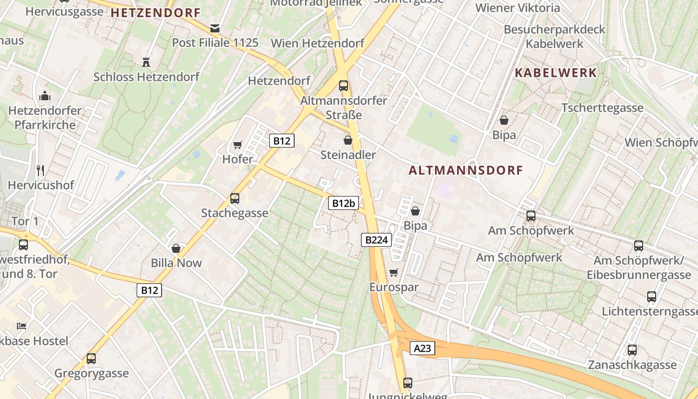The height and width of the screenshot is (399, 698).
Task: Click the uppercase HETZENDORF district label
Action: point(155,13)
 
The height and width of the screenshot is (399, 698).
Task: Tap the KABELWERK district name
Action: point(555,73)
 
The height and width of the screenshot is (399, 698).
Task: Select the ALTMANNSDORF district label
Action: point(466,171)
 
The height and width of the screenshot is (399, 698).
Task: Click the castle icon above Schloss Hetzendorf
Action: point(146,62)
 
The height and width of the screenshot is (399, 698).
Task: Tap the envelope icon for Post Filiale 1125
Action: point(215,28)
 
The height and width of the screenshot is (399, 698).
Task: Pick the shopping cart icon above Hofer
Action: point(238,145)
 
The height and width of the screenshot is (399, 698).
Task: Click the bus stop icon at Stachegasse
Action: point(234,199)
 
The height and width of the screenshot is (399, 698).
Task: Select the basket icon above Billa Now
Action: point(176,248)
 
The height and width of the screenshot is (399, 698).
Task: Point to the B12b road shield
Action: point(344,203)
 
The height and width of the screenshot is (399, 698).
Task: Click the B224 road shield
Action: point(376,240)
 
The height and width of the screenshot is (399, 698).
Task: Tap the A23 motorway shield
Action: point(422,348)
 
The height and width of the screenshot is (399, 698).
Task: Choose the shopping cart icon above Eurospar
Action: point(393,272)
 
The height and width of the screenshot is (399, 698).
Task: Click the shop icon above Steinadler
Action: point(348,141)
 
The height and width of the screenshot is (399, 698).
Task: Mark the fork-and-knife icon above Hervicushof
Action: point(40,171)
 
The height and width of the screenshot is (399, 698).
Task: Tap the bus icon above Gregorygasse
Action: point(91,358)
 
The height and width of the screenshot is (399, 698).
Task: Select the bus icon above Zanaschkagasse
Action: point(632,350)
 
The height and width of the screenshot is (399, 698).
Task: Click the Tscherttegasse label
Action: point(602,108)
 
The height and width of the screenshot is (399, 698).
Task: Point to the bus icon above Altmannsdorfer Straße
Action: point(344,85)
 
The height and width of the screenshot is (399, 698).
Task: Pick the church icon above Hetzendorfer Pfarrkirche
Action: point(45,95)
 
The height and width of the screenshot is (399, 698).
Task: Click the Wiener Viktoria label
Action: point(518,8)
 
